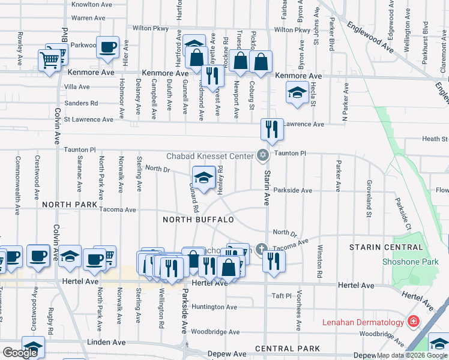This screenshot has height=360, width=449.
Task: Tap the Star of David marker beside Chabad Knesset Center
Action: tap(262, 155)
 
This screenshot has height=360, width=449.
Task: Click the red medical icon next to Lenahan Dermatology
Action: tap(413, 322)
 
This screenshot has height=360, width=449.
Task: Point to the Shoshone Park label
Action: tap(411, 262)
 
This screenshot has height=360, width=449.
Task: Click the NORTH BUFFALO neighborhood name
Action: tap(197, 220)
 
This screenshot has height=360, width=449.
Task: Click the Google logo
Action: tap(19, 353)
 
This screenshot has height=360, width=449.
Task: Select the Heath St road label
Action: tap(435, 139)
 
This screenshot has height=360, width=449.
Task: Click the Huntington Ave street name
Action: tap(215, 307)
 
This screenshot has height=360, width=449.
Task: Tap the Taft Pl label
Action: tap(281, 296)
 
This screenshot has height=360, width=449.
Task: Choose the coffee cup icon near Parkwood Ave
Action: tap(108, 47)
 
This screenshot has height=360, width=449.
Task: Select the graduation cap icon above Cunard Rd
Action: tap(203, 178)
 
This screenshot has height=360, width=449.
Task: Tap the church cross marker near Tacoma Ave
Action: tap(261, 248)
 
